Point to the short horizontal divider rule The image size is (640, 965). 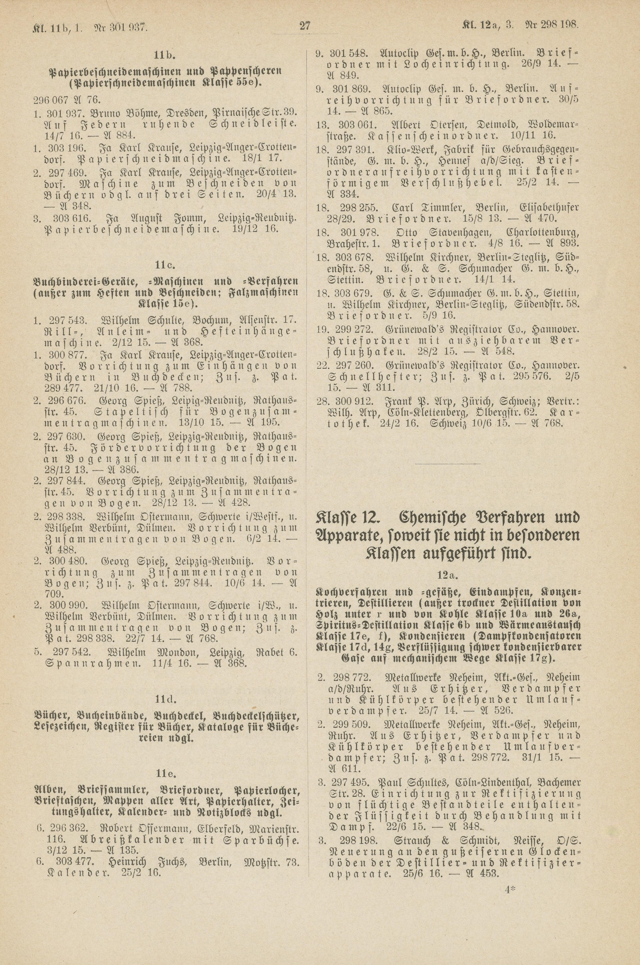pyautogui.click(x=447, y=463)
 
